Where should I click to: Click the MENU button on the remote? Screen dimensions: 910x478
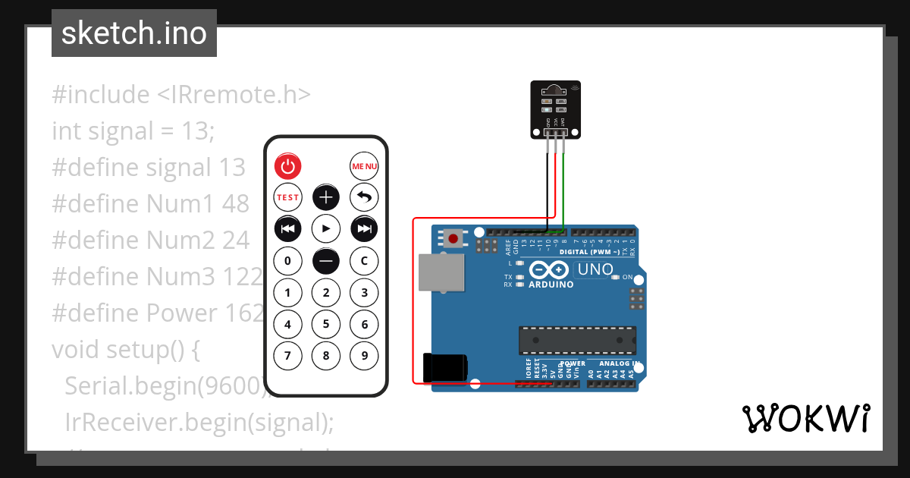[x=364, y=166]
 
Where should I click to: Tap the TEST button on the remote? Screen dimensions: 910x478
[x=287, y=197]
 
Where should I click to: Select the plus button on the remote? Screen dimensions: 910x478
[x=326, y=197]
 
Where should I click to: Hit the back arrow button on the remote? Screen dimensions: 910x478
[x=364, y=197]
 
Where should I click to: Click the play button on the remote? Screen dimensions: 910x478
[x=326, y=228]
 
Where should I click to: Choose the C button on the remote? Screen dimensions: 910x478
[x=364, y=261]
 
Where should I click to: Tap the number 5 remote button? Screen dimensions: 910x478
[x=326, y=325]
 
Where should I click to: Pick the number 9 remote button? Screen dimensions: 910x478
[x=364, y=354]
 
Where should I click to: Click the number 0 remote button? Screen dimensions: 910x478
[x=287, y=261]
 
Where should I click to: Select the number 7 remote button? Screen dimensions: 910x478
[x=287, y=354]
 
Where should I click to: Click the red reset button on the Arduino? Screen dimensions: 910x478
[x=453, y=239]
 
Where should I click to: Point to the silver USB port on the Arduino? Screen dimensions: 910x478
[x=441, y=273]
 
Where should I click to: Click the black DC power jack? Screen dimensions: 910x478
[x=444, y=368]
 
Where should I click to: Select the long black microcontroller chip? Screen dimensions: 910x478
[x=577, y=341]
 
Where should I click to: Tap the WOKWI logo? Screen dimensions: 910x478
[x=805, y=419]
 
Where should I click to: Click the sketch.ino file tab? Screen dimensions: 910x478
[x=134, y=33]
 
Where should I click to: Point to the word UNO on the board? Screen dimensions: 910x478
[x=595, y=269]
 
